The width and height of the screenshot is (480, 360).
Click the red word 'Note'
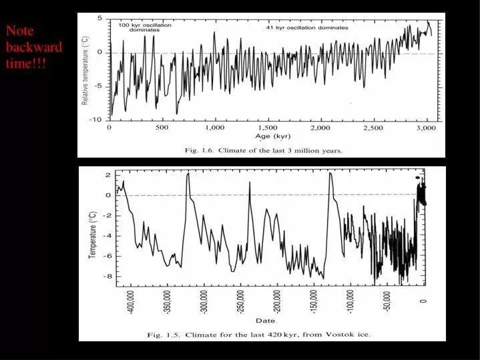coord(20,31)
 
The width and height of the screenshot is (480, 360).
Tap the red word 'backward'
coord(34,47)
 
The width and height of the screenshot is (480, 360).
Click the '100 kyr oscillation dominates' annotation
coord(144,27)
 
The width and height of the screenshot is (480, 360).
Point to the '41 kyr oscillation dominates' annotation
coord(306,28)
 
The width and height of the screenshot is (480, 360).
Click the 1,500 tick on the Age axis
coord(268,127)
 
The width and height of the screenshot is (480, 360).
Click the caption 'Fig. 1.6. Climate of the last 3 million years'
coord(263,151)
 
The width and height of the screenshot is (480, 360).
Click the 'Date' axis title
coord(265,321)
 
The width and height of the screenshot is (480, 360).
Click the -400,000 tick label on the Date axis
coord(132,303)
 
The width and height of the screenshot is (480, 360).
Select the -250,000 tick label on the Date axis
coord(241,303)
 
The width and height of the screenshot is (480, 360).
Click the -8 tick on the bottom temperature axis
coord(107,276)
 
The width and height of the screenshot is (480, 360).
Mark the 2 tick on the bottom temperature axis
coord(109,174)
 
